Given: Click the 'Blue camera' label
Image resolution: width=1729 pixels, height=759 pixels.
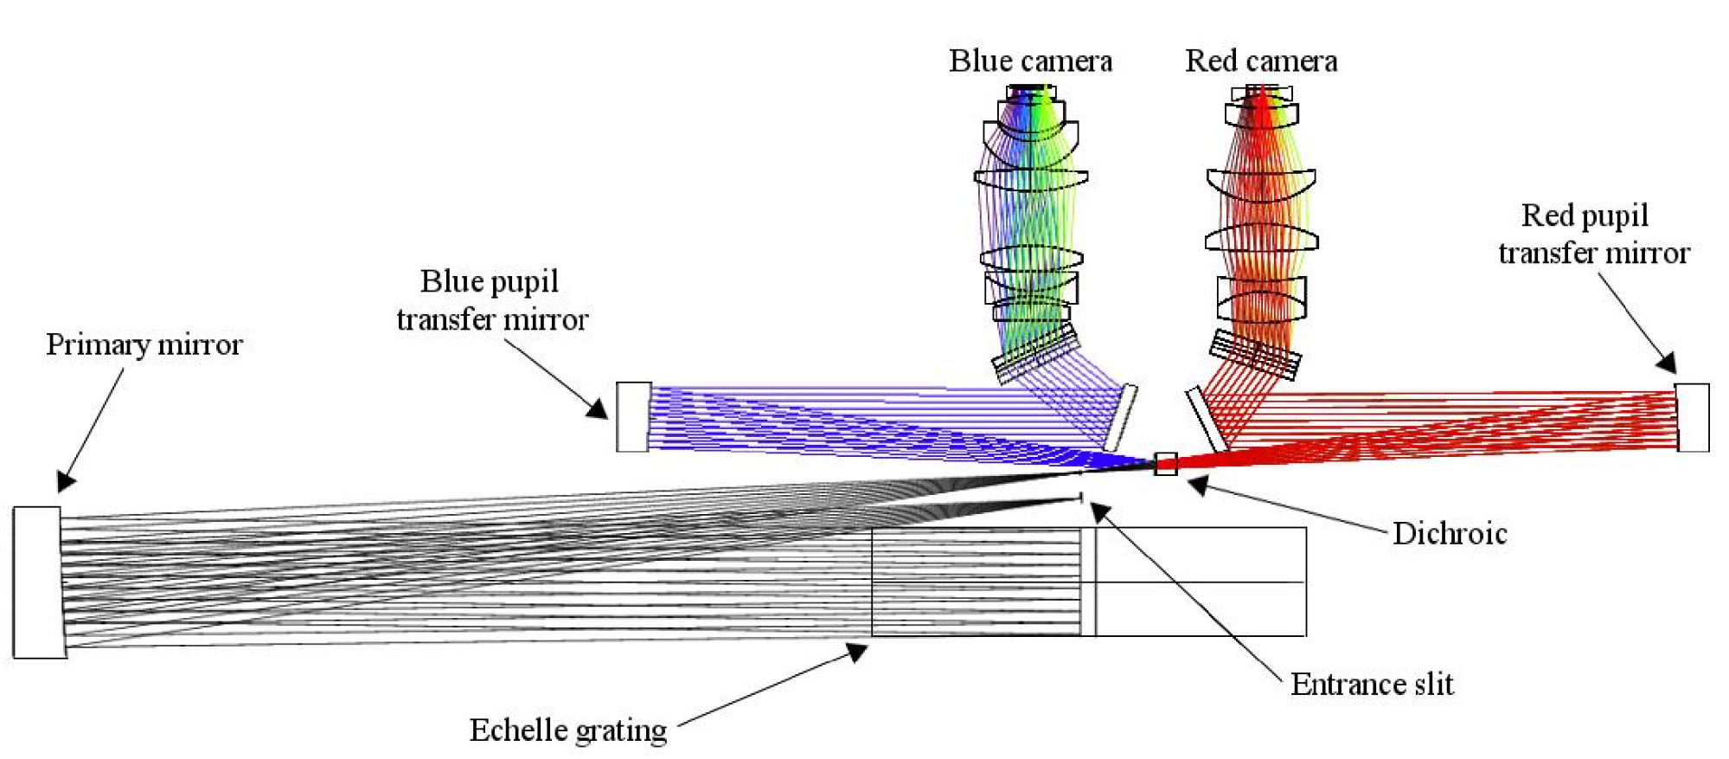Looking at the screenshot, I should pos(1030,61).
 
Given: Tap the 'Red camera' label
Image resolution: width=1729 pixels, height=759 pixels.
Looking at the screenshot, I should pos(1261,61).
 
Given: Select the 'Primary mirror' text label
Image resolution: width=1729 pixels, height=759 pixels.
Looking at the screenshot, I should pos(144,344).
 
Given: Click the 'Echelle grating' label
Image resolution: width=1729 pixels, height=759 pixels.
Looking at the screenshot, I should pos(568,730).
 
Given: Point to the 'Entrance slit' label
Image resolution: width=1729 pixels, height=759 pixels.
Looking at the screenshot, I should pos(1372,684).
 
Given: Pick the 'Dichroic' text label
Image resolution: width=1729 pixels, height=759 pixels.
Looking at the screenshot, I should pos(1450,533).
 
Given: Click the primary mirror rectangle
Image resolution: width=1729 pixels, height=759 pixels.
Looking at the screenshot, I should pos(37,582).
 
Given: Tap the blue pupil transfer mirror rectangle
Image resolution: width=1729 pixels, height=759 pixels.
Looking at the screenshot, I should pos(633,416).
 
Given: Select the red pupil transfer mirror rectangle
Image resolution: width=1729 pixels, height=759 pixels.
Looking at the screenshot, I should pos(1693,417).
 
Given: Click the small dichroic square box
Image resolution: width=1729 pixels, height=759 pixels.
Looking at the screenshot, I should pos(1166,464).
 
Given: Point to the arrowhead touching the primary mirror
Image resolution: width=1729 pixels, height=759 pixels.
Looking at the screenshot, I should pos(66,481).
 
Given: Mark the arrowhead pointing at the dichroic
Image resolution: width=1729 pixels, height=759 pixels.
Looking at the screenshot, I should pos(1198,486).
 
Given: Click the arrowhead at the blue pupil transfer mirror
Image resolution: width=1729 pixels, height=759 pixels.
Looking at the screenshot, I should pos(597,408).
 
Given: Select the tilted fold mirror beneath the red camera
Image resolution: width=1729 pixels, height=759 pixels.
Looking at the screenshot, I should pos(1206,419).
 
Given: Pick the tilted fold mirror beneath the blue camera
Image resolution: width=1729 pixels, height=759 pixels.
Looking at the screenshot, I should pos(1121,417).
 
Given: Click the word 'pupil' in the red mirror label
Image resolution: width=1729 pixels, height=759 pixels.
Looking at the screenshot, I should pos(1614,215).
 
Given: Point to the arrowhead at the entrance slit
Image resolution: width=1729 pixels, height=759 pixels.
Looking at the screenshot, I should pos(1099,512).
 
